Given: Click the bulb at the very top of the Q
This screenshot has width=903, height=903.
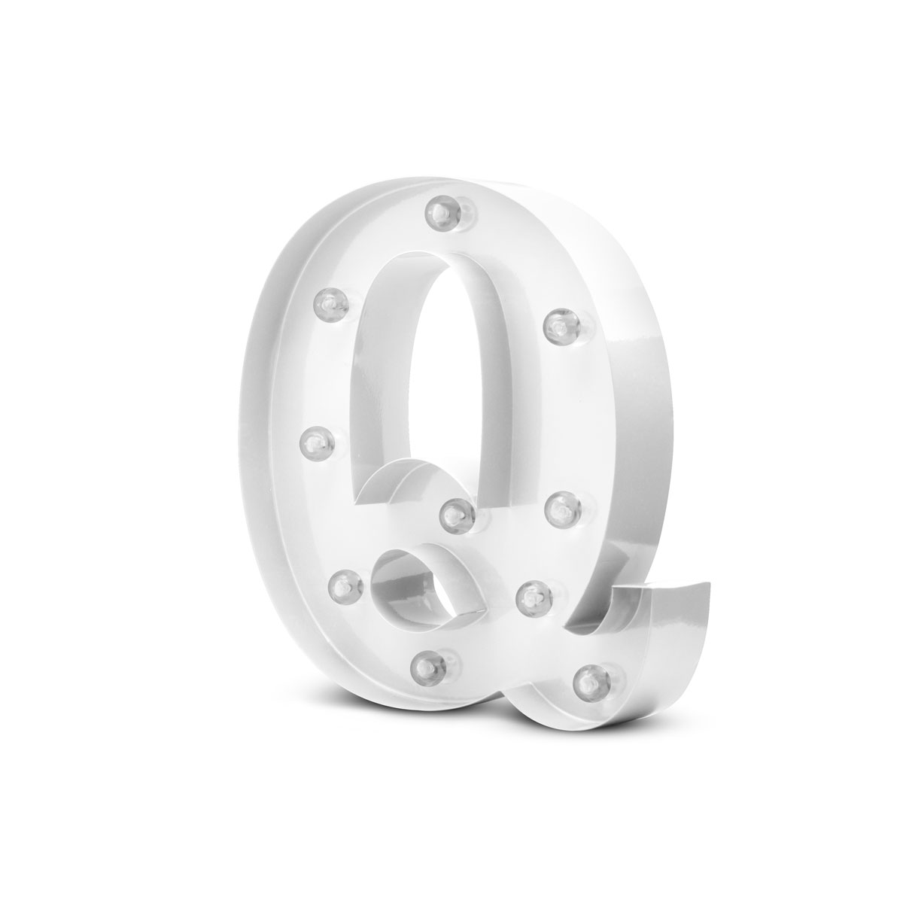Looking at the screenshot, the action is click(x=442, y=212).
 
